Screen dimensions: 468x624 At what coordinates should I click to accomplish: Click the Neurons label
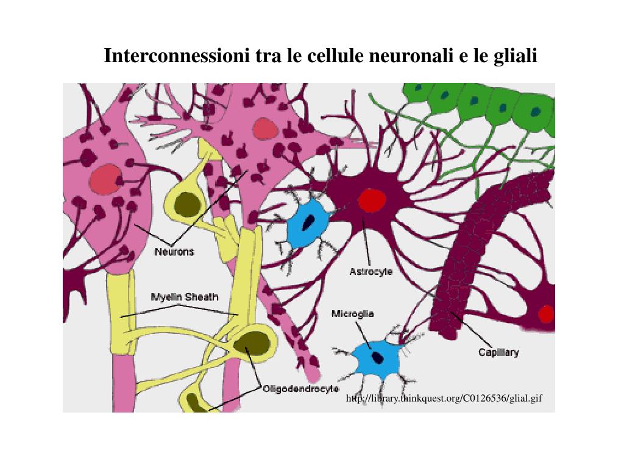coord(174,251)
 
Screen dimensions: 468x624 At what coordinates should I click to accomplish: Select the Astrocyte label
coord(370,272)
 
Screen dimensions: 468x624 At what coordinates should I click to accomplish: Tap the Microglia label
coord(352,314)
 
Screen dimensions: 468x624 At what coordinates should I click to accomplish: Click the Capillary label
coord(498,352)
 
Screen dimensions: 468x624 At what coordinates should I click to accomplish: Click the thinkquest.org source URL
coord(444,399)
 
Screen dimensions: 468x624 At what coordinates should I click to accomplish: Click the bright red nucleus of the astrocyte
coord(372,200)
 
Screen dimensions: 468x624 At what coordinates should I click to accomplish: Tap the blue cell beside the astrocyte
coord(308,224)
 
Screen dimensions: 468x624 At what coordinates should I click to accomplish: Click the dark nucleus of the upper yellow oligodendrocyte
coord(187,205)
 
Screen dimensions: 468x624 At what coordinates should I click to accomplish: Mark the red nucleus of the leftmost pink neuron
coord(105,180)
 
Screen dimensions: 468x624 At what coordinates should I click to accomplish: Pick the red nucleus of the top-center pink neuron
coord(264,129)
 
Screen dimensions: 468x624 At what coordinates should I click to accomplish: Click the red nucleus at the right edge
coord(546,314)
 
